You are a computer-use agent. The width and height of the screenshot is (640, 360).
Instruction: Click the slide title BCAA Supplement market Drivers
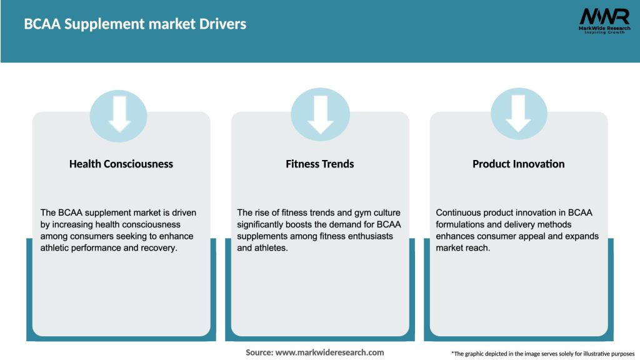point(135,24)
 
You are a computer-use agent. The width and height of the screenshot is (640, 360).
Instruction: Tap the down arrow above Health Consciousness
point(120,114)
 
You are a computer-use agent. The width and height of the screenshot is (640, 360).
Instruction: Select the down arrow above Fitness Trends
point(320,114)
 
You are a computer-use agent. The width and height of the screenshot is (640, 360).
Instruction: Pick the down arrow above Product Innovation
point(518,114)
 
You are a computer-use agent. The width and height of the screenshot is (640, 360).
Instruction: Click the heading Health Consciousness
point(121,164)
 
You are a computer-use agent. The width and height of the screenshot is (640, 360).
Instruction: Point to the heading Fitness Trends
point(319,164)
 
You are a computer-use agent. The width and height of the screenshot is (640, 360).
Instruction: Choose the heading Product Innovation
point(518,164)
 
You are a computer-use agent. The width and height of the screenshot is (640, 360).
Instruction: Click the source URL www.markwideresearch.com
point(330,352)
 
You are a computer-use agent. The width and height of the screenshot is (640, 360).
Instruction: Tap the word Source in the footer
point(259,352)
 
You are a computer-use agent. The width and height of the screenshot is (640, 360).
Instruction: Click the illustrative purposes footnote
point(542,353)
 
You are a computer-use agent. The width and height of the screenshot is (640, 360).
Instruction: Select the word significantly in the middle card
point(262,224)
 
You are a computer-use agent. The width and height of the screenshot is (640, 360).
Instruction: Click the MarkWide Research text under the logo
point(604,28)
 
